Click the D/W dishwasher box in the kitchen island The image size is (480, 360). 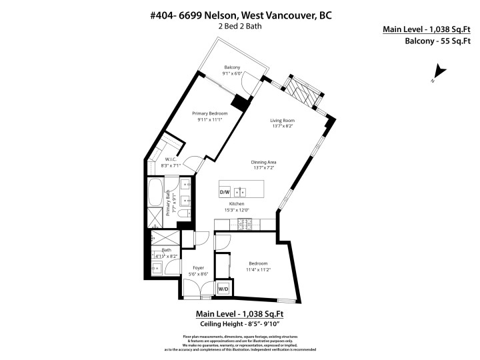pos(225,193)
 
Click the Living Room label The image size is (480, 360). pos(282,121)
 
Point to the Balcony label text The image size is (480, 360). pos(232,67)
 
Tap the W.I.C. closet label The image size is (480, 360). pos(171,159)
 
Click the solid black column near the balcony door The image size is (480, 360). pos(238,103)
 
